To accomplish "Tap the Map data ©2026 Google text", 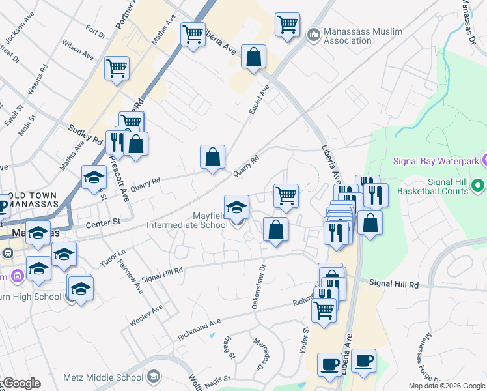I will (446, 386).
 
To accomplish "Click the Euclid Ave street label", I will (258, 100).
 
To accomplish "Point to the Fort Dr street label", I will (95, 31).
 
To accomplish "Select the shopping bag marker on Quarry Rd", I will (212, 157).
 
